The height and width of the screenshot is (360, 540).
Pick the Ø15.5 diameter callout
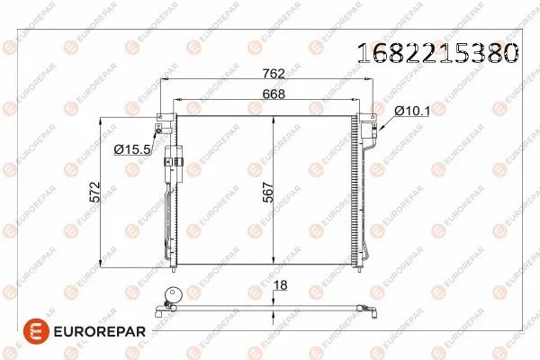coord(131,148)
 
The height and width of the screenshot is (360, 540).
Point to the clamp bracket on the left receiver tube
coord(175,162)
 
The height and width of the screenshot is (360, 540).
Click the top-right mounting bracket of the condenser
coord(369,117)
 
